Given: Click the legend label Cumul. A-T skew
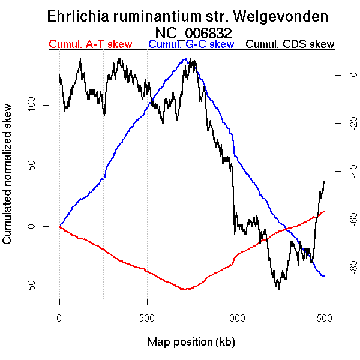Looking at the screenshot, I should [88, 44].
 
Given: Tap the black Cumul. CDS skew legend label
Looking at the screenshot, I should [290, 44].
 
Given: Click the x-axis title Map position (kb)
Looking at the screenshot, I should [191, 343].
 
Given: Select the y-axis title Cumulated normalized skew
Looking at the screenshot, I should [8, 181].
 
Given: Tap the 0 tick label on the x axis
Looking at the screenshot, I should [59, 317].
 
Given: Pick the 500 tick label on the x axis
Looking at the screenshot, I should [147, 317].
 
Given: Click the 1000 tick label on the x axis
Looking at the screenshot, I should [235, 317].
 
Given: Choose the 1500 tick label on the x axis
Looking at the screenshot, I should [322, 317].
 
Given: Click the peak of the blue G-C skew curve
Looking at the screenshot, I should [187, 59].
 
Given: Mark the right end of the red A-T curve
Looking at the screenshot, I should [324, 211].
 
